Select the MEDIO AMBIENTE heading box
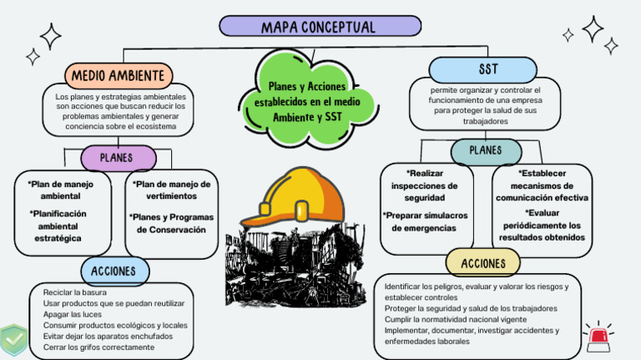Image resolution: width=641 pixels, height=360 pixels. (118, 76)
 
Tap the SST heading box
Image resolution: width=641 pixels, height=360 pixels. (488, 68)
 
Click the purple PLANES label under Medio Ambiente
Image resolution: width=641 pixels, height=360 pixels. (117, 157)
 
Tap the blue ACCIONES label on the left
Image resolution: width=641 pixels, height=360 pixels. (114, 271)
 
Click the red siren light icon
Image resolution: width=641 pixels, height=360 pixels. (597, 336)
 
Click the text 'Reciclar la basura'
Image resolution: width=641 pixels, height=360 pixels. (74, 292)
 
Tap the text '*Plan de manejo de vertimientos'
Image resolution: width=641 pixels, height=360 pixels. (171, 190)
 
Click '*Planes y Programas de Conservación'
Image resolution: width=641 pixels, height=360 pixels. (171, 223)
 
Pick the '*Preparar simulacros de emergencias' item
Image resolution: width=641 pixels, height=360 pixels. (425, 221)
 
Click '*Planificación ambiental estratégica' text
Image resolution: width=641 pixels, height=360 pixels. (58, 226)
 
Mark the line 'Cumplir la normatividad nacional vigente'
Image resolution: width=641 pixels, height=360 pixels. (456, 319)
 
